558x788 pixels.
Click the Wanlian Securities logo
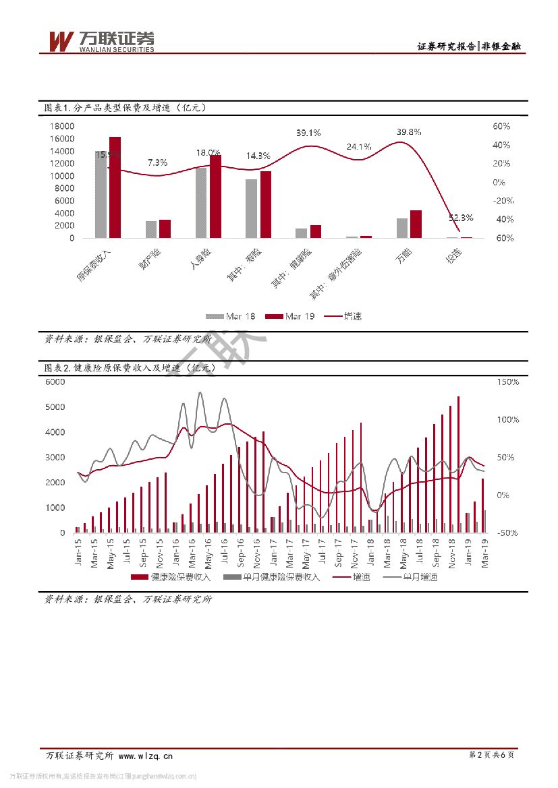pos(101,42)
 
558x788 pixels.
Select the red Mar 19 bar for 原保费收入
pos(115,187)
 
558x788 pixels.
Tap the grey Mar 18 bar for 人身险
pos(201,203)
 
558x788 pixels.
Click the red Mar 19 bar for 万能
pos(416,224)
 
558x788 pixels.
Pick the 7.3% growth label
pos(157,162)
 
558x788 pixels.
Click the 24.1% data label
pos(359,146)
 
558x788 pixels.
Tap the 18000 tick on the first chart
pos(61,127)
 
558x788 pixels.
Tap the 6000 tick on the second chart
pos(55,382)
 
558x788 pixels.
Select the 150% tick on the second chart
pos(508,382)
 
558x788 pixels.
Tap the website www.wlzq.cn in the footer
pos(146,755)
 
